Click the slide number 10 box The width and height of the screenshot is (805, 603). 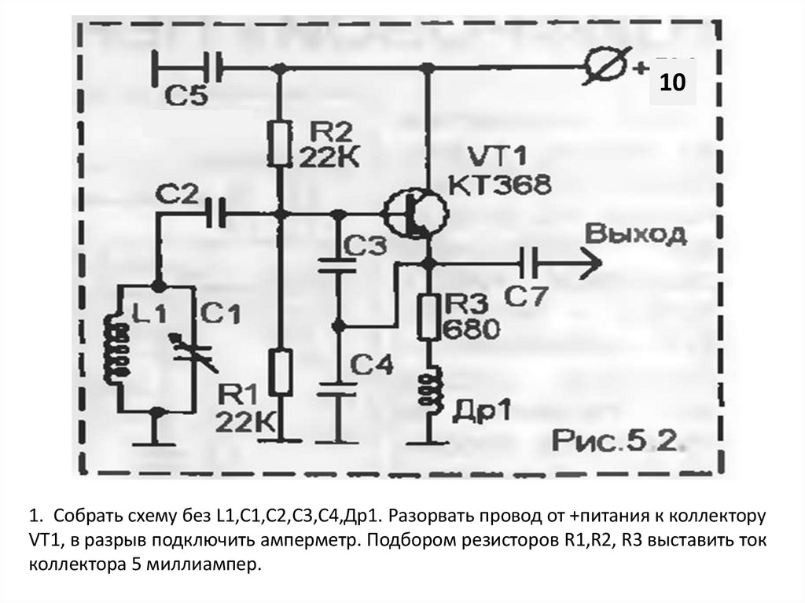coord(672,82)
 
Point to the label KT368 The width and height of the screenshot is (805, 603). coord(500,186)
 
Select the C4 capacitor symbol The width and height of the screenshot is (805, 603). coord(339,389)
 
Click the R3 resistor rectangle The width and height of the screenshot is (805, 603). coord(430,314)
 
